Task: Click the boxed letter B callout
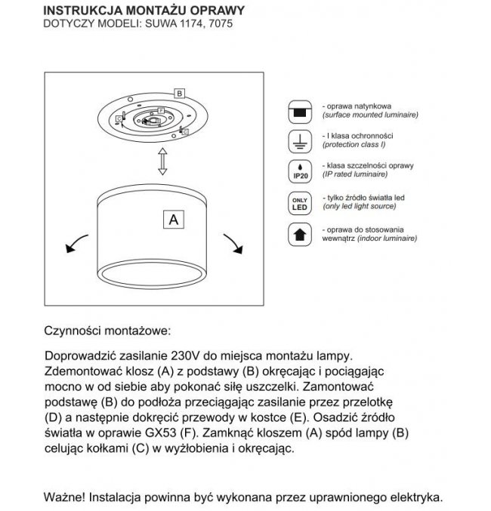coord(179,93)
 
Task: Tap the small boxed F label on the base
coord(161,110)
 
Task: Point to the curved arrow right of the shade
coord(231,243)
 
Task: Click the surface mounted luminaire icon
coord(298,112)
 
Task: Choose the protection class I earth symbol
coord(298,141)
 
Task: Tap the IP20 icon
coord(298,171)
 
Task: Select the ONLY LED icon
coord(298,202)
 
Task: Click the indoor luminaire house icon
coord(298,234)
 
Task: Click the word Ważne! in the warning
coord(64,497)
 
